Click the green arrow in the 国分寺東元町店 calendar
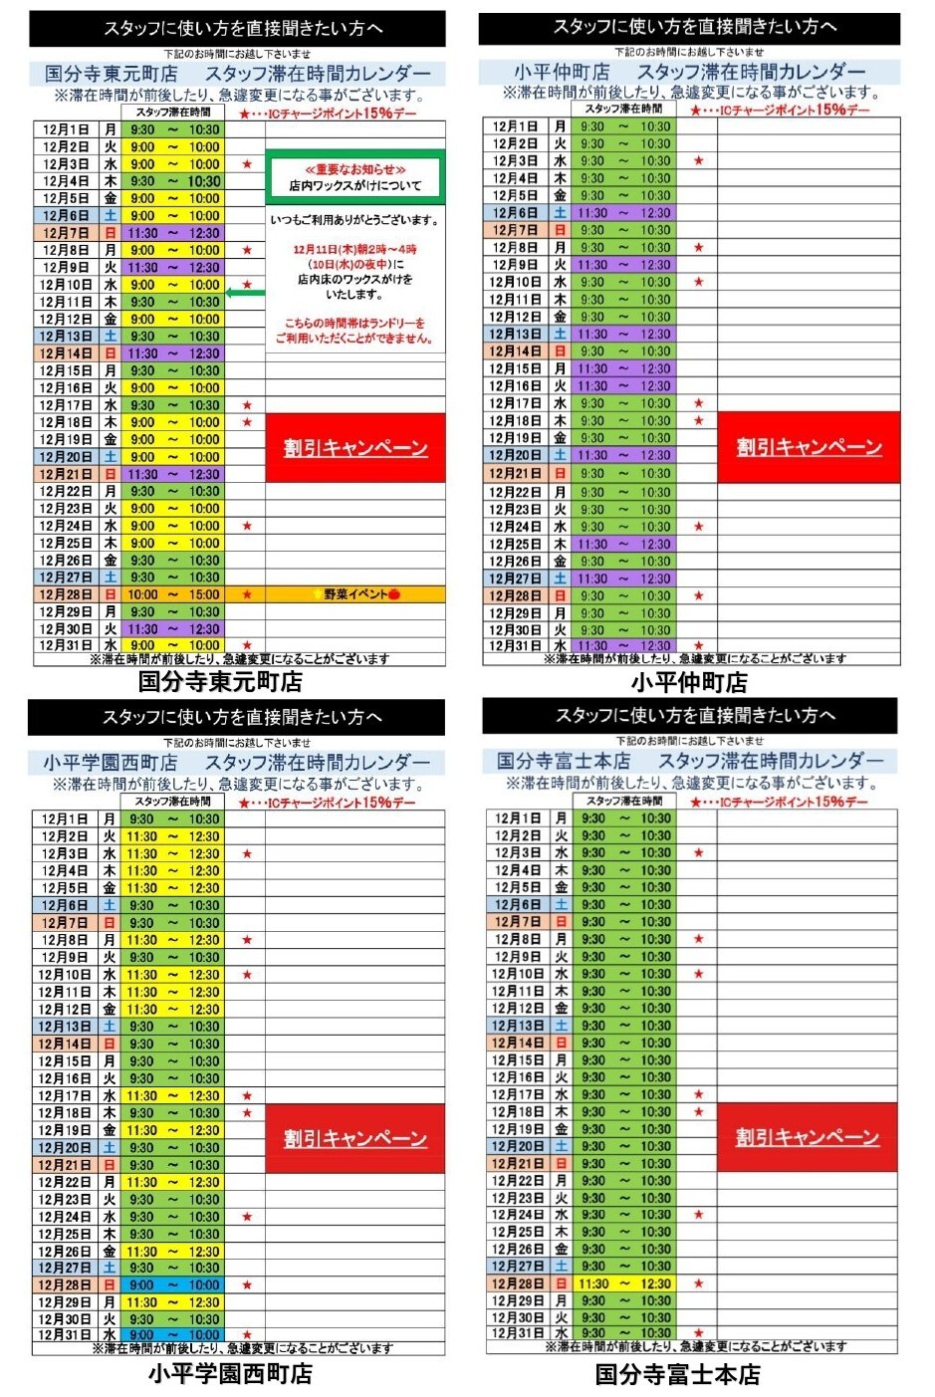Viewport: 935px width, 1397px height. pyautogui.click(x=246, y=292)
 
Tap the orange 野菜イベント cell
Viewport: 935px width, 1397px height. pyautogui.click(x=355, y=594)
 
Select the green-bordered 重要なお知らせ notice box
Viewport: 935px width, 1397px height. pyautogui.click(x=354, y=177)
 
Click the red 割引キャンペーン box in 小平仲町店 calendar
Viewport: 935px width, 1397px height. pyautogui.click(x=809, y=447)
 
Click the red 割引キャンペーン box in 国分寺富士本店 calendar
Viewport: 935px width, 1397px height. pyautogui.click(x=807, y=1137)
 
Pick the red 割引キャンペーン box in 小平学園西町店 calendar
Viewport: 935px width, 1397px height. pyautogui.click(x=354, y=1138)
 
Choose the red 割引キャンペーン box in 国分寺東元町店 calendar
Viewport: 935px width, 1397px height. pyautogui.click(x=354, y=448)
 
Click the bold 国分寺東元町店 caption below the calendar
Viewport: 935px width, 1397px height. pyautogui.click(x=220, y=682)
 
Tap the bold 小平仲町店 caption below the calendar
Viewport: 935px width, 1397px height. pyautogui.click(x=689, y=682)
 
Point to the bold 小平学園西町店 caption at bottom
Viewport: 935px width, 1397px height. pyautogui.click(x=230, y=1373)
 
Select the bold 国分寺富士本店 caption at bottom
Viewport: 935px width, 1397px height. pyautogui.click(x=677, y=1374)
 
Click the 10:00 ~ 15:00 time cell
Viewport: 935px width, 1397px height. pyautogui.click(x=173, y=594)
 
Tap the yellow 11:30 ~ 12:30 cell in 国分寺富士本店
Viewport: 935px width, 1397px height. pyautogui.click(x=624, y=1283)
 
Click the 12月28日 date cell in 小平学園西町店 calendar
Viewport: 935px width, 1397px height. pyautogui.click(x=65, y=1284)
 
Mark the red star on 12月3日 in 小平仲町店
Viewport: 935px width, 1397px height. pyautogui.click(x=699, y=161)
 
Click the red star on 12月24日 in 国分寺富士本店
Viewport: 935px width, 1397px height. pyautogui.click(x=699, y=1215)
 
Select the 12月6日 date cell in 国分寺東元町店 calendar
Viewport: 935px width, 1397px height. pyautogui.click(x=66, y=216)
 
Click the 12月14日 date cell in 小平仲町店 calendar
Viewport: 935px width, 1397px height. pyautogui.click(x=515, y=351)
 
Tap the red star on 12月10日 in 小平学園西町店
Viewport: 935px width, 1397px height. pyautogui.click(x=247, y=975)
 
